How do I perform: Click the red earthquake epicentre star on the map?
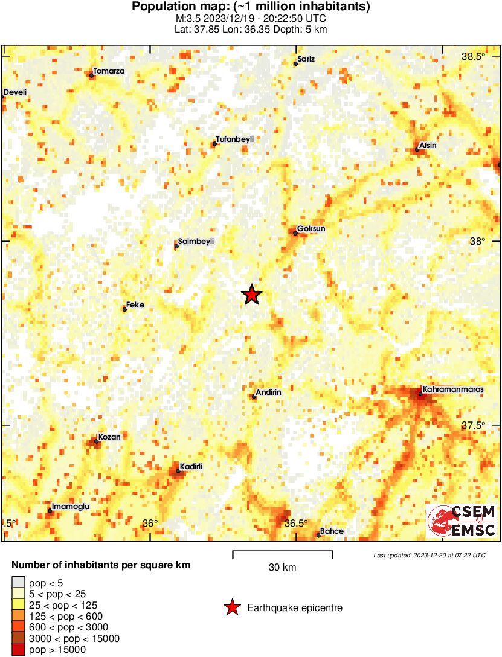point(252,295)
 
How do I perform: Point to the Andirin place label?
point(269,393)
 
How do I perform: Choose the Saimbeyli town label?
point(196,242)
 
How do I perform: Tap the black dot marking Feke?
point(124,309)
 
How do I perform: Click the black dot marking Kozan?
point(96,441)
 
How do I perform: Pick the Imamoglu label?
point(71,507)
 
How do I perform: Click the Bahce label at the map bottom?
point(332,531)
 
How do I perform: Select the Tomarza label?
point(109,71)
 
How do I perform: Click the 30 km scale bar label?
point(282,568)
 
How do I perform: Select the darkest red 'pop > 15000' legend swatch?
point(18,650)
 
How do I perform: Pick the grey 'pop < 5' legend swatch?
point(18,583)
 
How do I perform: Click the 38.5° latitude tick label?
point(473,57)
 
